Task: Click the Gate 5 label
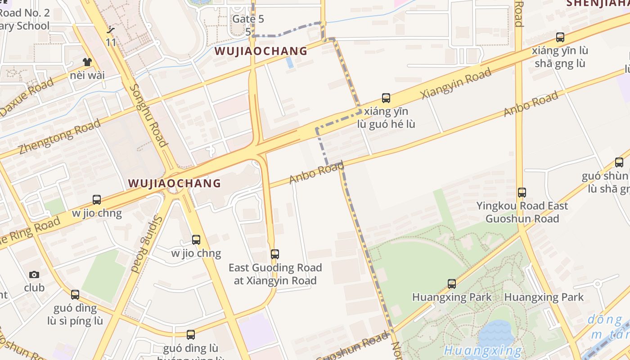248,19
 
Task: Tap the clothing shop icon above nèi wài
87,62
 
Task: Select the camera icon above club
34,274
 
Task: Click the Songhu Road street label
148,115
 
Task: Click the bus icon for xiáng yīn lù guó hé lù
386,98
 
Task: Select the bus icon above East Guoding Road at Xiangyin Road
275,254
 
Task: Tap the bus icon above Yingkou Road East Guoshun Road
522,193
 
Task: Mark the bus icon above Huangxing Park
452,284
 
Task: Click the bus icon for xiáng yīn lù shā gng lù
560,37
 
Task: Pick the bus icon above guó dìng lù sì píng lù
75,295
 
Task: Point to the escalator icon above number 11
111,31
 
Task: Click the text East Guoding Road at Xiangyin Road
275,274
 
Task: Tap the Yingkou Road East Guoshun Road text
522,212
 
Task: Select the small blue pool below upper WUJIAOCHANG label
290,63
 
